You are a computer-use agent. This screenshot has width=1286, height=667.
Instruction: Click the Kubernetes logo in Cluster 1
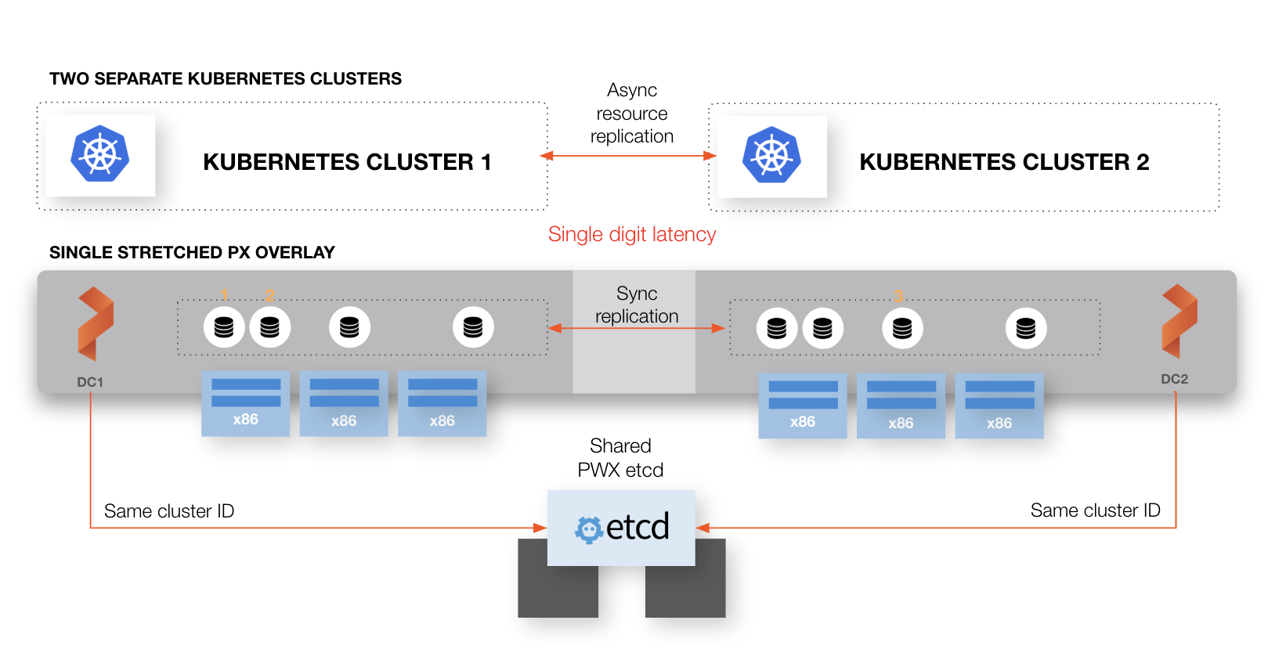point(99,154)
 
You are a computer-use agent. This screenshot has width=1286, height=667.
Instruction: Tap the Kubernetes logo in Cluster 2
point(771,155)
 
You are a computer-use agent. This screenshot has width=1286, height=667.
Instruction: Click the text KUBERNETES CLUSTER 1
point(347,162)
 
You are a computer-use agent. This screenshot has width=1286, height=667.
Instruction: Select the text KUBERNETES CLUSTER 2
point(1004,162)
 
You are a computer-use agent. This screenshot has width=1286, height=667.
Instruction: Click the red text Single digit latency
point(631,234)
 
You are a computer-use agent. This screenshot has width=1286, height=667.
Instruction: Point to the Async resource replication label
point(631,114)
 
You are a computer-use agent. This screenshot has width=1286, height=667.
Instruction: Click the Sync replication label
point(636,305)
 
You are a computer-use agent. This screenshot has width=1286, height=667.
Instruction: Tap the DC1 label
point(90,382)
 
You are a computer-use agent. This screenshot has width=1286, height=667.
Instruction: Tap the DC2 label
point(1174,379)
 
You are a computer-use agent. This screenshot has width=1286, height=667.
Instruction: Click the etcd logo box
point(621,528)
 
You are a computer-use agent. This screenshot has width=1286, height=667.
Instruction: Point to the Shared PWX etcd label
point(620,458)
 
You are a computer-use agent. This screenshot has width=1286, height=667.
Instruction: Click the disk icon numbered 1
point(224,327)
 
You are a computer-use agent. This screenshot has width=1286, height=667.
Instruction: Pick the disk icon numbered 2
point(269,327)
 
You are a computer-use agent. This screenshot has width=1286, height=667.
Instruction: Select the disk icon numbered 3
point(902,328)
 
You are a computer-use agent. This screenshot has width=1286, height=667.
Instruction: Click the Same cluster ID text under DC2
point(1095,510)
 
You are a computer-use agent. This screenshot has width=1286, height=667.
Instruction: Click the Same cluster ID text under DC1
point(169,511)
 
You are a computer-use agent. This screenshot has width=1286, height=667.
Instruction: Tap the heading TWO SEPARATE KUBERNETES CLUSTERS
point(226,79)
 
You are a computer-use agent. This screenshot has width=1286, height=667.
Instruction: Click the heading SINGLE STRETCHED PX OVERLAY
point(192,253)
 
